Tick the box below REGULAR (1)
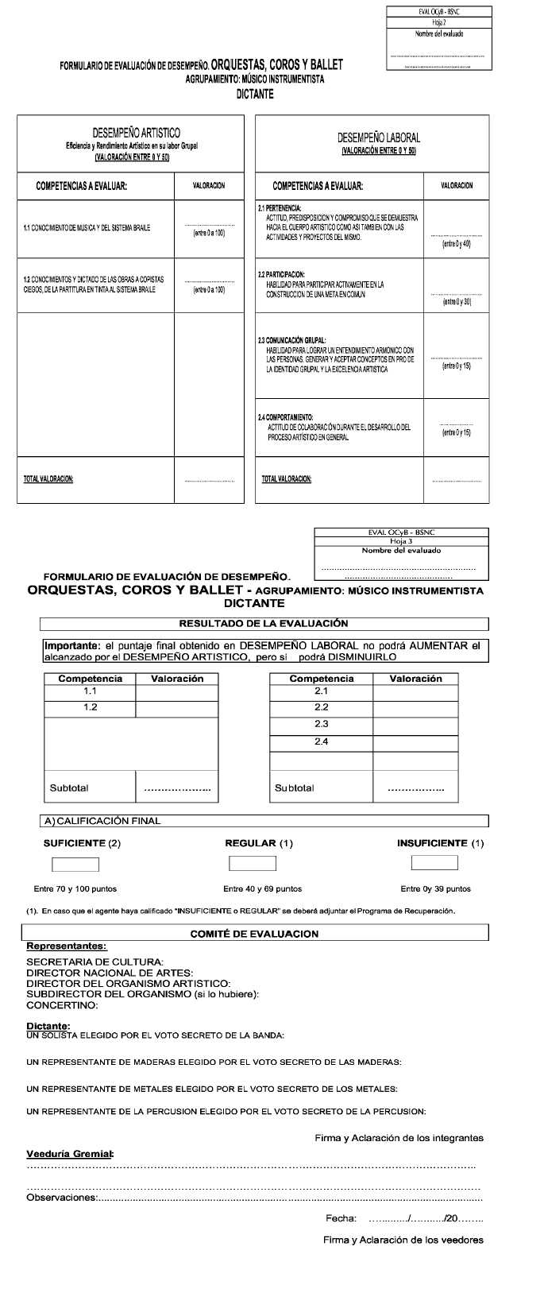coord(253,863)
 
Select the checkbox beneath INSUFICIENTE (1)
coord(434,862)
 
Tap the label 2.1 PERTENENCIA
coord(279,208)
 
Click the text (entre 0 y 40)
coord(457,244)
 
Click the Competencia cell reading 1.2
coord(91,708)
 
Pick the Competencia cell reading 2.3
coord(321,725)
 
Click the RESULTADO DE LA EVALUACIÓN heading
coord(264,624)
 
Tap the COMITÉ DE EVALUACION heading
coord(254,934)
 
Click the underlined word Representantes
coord(67,946)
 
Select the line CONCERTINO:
coord(63,1005)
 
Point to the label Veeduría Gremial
coord(70,1153)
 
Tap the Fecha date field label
coord(341,1218)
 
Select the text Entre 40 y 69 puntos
coord(262,889)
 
